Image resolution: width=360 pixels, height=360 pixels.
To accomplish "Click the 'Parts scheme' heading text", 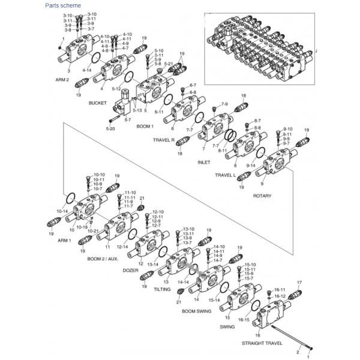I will (63, 5).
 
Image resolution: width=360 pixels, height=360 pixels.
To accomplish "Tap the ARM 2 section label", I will (63, 79).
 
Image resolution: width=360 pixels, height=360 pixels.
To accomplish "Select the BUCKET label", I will (97, 103).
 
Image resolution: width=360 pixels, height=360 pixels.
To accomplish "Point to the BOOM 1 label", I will (145, 127).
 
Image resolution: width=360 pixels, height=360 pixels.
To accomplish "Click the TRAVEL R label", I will (164, 140).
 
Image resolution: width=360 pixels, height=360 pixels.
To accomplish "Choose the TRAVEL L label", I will (227, 175).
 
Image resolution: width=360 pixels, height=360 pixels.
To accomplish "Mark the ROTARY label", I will (262, 196).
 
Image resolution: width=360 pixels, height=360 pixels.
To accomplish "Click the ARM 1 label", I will (64, 240).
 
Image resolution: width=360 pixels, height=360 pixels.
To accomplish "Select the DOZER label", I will (131, 271).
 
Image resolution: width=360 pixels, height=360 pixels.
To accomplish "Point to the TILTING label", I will (162, 289).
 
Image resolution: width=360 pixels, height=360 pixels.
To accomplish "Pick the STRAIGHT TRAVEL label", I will (262, 343).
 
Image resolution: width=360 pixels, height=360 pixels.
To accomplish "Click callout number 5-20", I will (110, 128).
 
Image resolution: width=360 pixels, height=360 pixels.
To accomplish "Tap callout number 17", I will (299, 282).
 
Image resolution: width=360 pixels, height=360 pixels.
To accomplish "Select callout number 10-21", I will (93, 231).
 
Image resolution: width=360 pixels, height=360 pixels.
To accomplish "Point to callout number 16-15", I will (243, 320).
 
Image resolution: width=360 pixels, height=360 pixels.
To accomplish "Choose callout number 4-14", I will (87, 70).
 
